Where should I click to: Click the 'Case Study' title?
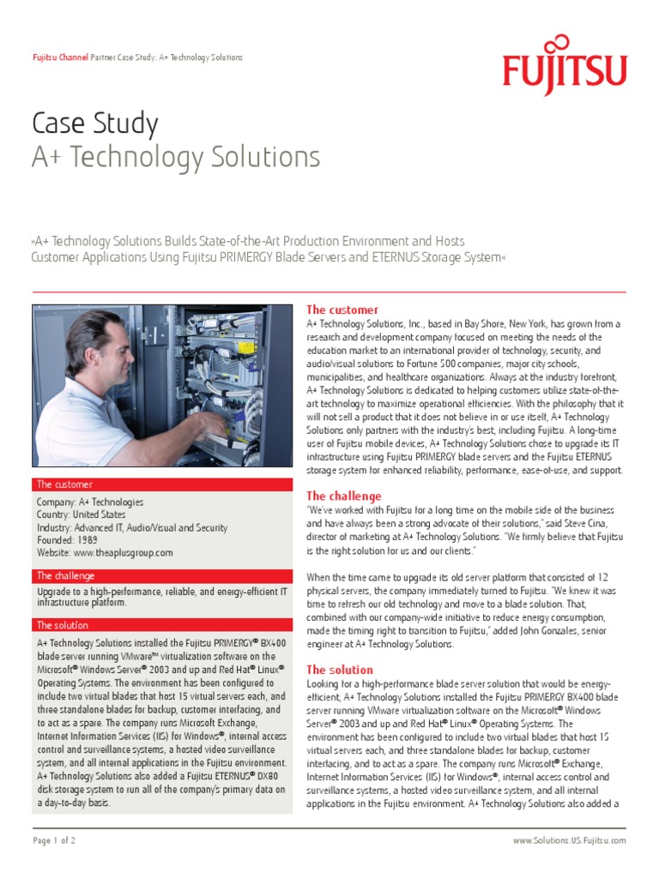(95, 124)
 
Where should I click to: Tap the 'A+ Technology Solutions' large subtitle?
(176, 158)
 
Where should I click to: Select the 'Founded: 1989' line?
(67, 541)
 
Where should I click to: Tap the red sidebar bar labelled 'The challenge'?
(161, 575)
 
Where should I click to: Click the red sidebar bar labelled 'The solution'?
(161, 625)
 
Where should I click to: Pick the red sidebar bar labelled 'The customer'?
(161, 484)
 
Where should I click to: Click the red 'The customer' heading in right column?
(342, 310)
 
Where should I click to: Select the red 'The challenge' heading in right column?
(344, 496)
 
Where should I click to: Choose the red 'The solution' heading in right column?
(340, 670)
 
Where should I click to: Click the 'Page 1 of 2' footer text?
(54, 841)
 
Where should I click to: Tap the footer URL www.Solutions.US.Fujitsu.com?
(569, 841)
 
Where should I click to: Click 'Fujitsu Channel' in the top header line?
(59, 57)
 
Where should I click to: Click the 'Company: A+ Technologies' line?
(90, 502)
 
